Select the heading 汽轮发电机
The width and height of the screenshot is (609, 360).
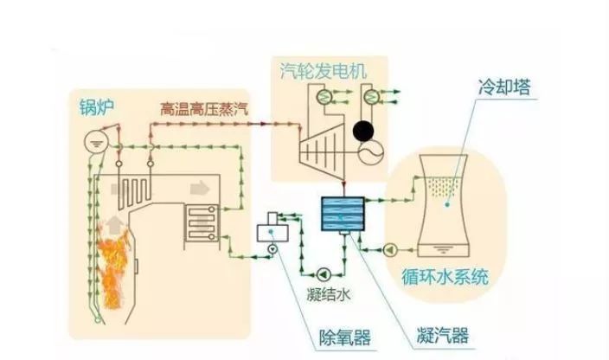(321, 67)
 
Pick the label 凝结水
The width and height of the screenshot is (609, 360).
(330, 293)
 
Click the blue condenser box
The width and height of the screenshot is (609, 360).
(343, 213)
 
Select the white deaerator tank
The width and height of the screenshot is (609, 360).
(275, 230)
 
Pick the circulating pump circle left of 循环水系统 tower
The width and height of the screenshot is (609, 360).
(392, 249)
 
